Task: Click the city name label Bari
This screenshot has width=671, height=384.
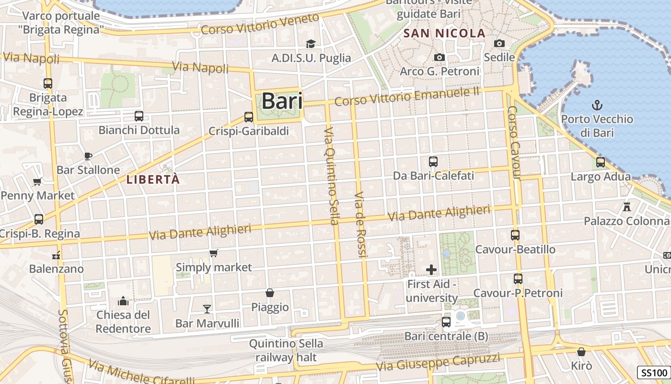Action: [x=282, y=101]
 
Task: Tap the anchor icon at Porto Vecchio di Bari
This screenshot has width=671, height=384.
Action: [x=597, y=105]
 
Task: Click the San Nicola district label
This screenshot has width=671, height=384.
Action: [x=445, y=34]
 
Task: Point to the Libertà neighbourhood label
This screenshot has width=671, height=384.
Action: [x=153, y=180]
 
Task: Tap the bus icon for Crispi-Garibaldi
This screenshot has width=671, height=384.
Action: [x=249, y=117]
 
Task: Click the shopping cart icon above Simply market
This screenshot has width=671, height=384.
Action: [x=214, y=253]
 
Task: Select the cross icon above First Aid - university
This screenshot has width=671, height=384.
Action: [x=431, y=270]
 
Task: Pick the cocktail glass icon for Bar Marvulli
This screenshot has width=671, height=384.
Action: [x=207, y=309]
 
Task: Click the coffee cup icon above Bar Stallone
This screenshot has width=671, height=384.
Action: [x=88, y=156]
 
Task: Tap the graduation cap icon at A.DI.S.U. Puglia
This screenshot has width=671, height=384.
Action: [x=311, y=44]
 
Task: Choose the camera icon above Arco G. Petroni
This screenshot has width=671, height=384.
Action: [x=440, y=58]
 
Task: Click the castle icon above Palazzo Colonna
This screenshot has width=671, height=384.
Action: [x=626, y=207]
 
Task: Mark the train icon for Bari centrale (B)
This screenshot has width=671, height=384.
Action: [x=446, y=322]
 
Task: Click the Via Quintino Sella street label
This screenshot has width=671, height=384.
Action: [x=331, y=176]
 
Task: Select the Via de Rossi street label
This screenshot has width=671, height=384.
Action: [x=361, y=225]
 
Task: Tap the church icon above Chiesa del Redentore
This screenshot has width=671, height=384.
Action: [x=123, y=301]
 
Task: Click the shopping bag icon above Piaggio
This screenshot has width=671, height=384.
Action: [x=270, y=293]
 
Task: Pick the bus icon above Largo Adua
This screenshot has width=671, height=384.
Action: [x=601, y=162]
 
